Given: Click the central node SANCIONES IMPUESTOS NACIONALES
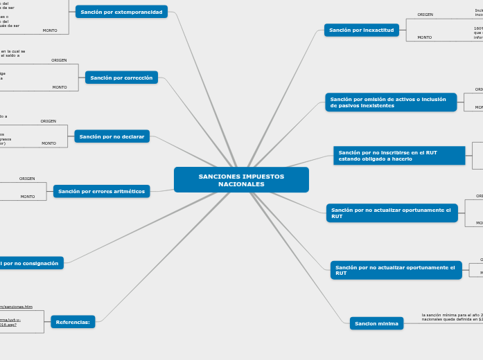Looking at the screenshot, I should tap(241, 180).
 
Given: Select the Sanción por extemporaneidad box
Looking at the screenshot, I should tap(121, 12).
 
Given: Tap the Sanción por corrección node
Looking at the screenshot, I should tap(121, 78).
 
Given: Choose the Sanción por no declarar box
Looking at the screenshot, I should tap(112, 136).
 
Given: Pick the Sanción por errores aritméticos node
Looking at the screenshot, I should tap(101, 191).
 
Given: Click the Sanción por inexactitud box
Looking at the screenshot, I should tap(361, 30).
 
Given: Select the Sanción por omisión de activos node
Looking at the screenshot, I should tap(390, 102).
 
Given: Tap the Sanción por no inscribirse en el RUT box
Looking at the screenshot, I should tap(398, 156).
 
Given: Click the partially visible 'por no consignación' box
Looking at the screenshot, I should tap(31, 263).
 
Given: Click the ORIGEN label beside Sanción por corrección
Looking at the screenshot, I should tap(59, 60).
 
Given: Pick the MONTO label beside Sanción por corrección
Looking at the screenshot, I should tap(60, 87).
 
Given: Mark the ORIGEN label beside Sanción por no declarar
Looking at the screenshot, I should tap(49, 121).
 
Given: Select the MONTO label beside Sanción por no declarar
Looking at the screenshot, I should tap(49, 143).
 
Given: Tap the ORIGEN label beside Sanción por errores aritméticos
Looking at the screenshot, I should tap(27, 179).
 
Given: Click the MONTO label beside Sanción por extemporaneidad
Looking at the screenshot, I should tap(50, 30).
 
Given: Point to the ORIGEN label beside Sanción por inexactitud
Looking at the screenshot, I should tap(425, 15).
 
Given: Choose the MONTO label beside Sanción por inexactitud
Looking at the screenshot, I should tap(424, 37).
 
